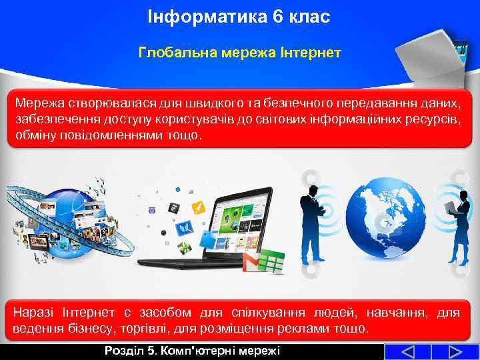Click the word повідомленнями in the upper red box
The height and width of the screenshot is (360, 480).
click(x=106, y=135)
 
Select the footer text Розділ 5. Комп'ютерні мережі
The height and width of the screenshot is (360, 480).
click(x=192, y=351)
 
